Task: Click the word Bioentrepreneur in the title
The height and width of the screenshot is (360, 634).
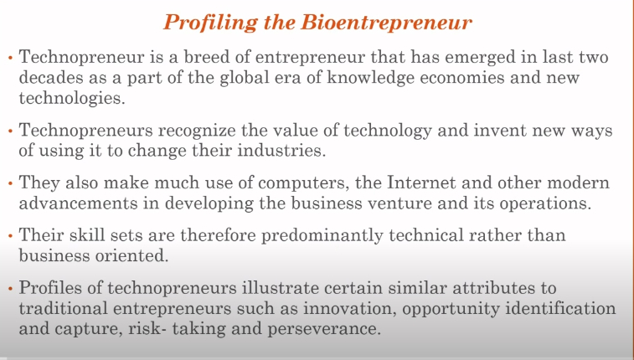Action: [x=387, y=23]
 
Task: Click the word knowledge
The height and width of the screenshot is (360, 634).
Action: [x=371, y=78]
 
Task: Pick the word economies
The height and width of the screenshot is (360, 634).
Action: [x=462, y=77]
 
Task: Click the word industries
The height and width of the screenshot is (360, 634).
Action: [x=281, y=151]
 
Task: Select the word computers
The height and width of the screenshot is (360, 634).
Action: [x=304, y=183]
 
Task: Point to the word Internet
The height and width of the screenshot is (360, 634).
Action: [x=421, y=183]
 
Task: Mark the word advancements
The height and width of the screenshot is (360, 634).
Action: [x=79, y=203]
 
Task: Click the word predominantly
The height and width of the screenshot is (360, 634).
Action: [x=322, y=236]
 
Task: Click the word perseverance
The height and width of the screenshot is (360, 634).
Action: [x=324, y=329]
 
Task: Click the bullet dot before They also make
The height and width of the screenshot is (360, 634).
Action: [x=11, y=183]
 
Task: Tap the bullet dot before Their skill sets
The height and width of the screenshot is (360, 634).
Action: [x=11, y=236]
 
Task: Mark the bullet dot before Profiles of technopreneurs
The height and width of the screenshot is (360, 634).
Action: [x=11, y=289]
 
